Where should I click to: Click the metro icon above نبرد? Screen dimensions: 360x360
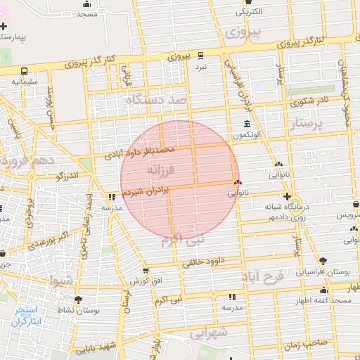201,55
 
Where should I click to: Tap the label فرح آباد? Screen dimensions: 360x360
264,277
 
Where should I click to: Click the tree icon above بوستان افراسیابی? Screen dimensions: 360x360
322,260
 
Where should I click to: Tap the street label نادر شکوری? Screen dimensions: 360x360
308,102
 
